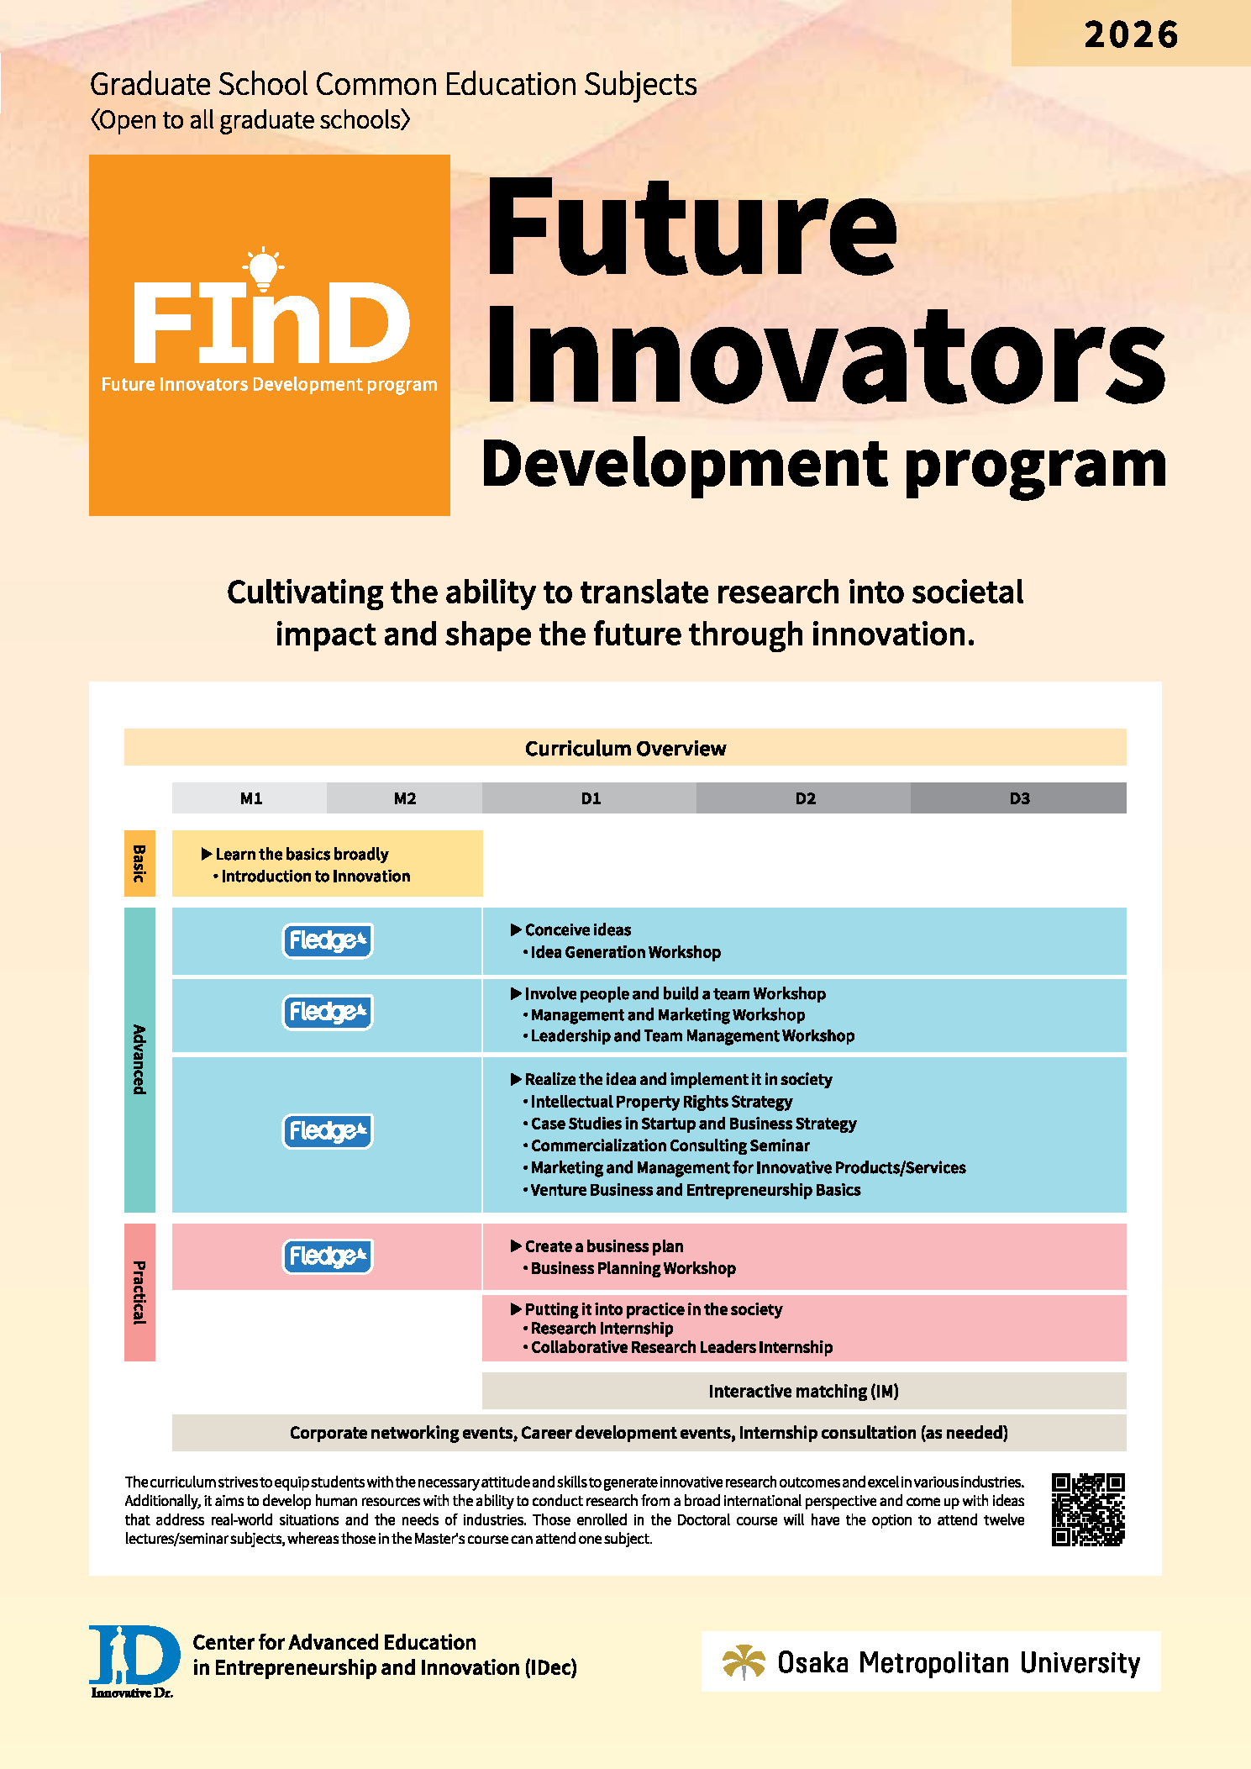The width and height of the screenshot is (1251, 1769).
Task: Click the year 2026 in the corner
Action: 1131,34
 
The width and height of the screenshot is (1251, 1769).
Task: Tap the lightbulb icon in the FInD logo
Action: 263,268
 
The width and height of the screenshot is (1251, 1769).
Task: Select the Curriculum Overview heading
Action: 625,748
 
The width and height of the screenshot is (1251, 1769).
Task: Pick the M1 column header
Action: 250,798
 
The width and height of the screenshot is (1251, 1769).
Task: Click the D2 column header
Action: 805,798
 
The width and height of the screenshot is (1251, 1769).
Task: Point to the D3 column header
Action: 1019,798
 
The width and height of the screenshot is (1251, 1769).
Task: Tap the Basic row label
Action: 139,863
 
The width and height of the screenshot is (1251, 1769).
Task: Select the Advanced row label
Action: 139,1060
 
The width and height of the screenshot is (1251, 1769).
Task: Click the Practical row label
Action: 139,1293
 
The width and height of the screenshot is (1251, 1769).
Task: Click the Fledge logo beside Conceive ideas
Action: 328,941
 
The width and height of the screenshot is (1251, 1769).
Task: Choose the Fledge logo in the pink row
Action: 328,1256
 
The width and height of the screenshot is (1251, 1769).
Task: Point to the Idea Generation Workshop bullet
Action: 622,952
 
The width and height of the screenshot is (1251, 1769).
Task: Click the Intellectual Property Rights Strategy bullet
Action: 657,1102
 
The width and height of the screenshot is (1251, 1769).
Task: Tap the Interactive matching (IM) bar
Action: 804,1391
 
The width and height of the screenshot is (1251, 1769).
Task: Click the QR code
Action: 1088,1509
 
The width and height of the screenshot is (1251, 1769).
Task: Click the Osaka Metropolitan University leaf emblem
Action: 744,1661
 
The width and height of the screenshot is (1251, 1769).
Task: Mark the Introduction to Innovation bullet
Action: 312,876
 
